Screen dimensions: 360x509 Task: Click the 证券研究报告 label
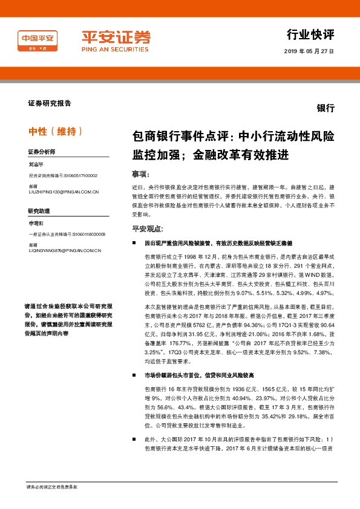tap(50, 103)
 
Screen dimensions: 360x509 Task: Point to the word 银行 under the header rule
tap(326, 109)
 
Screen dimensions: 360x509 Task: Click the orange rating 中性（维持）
tap(56, 131)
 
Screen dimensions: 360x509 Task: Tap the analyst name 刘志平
tap(36, 164)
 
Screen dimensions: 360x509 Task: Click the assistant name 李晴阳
tap(36, 222)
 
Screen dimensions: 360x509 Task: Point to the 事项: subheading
tap(140, 173)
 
